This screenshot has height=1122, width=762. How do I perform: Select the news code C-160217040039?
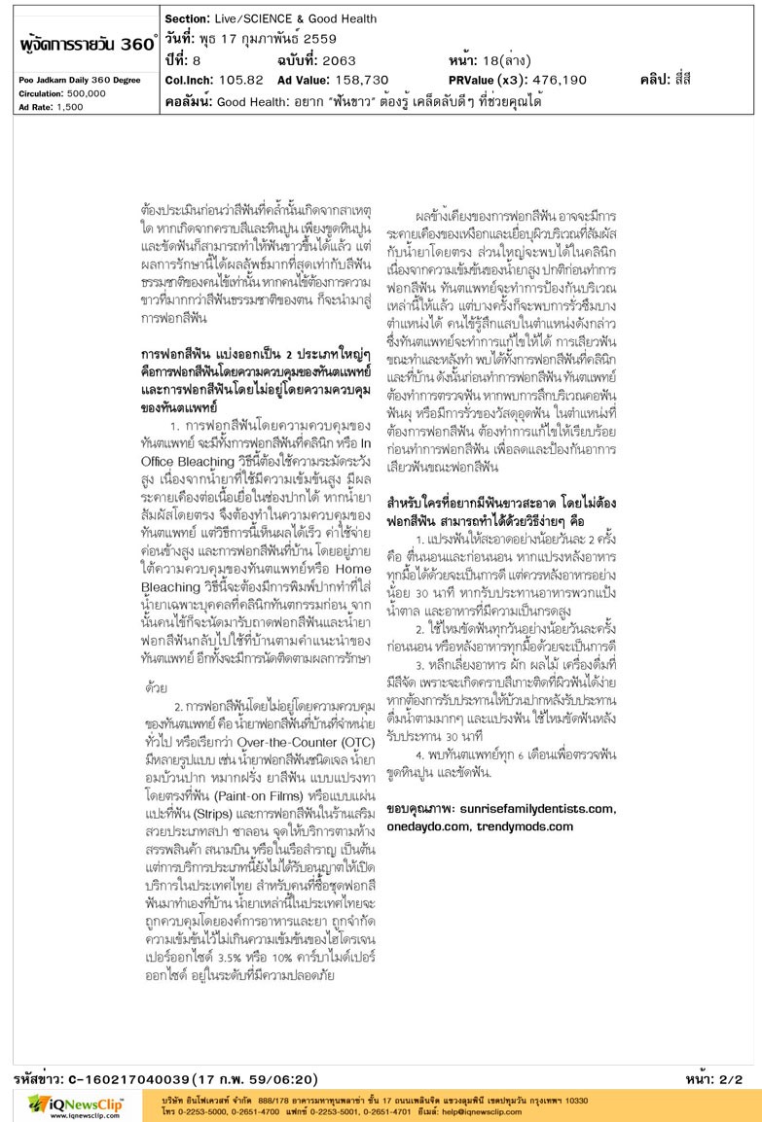tap(127, 1079)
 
